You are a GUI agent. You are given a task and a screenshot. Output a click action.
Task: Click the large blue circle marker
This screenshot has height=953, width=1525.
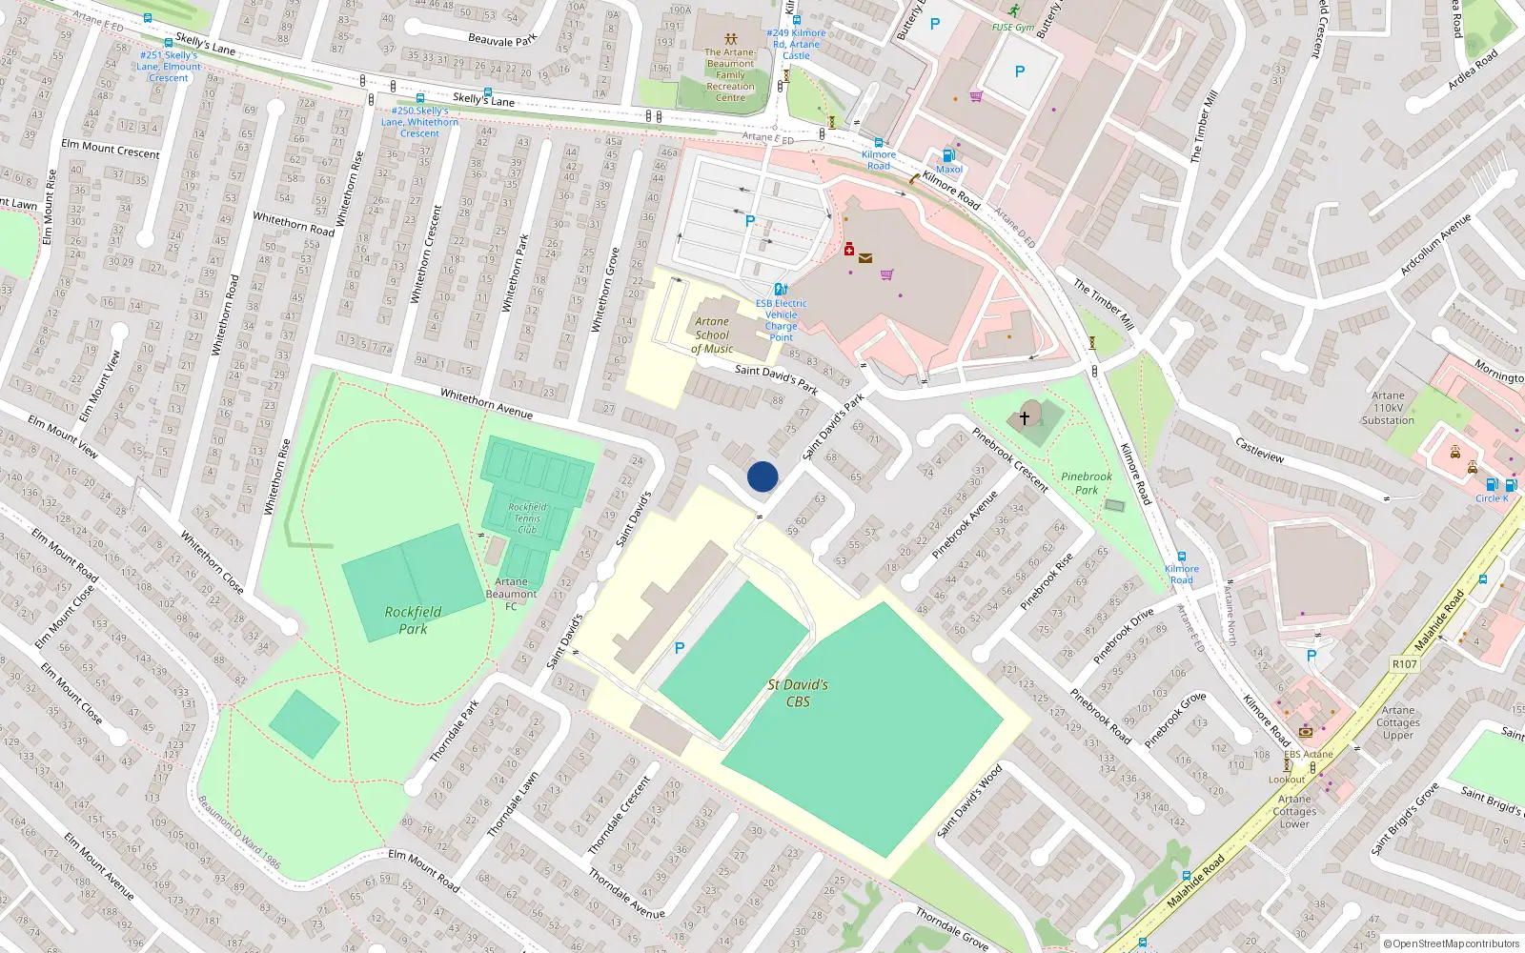tap(762, 476)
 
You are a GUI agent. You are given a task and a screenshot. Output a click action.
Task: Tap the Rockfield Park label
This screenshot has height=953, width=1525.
tap(413, 620)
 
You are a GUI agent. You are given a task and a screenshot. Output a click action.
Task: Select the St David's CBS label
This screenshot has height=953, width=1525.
tap(798, 693)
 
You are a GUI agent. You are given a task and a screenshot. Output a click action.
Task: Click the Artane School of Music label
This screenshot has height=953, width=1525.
tap(712, 335)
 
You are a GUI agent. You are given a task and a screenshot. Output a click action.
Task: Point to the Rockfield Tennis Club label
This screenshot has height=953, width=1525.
tap(527, 518)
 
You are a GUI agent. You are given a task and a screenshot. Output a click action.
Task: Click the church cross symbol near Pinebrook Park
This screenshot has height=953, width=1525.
tap(1025, 417)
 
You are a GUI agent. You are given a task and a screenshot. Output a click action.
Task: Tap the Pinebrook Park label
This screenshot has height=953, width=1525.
tap(1087, 483)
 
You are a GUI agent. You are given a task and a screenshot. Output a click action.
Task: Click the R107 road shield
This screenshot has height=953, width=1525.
tap(1404, 664)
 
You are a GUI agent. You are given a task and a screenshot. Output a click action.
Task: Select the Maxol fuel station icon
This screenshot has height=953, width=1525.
tap(947, 155)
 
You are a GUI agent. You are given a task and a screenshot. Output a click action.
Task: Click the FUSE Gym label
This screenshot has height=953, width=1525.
tap(1012, 28)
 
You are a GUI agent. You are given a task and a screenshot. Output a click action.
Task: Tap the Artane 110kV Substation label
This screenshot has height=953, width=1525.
tap(1388, 408)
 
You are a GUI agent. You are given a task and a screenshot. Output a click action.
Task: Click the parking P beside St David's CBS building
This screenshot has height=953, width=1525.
tap(680, 648)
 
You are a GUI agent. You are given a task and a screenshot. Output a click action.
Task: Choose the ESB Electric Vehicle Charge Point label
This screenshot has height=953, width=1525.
tap(782, 320)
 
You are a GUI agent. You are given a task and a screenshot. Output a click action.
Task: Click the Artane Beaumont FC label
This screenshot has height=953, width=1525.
tap(511, 594)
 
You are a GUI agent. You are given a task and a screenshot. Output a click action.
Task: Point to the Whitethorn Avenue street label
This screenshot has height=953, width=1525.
tap(486, 404)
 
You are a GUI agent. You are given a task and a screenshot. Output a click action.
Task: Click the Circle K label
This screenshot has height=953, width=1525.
tap(1492, 498)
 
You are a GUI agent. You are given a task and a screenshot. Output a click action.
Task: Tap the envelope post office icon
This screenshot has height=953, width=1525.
tap(865, 258)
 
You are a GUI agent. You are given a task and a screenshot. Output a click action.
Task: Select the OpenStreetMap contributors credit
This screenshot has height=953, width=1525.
tap(1452, 944)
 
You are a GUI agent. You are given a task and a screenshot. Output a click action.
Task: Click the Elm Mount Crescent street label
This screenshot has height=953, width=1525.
tap(111, 149)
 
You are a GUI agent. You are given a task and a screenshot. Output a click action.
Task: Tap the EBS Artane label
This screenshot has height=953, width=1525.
tap(1308, 754)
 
